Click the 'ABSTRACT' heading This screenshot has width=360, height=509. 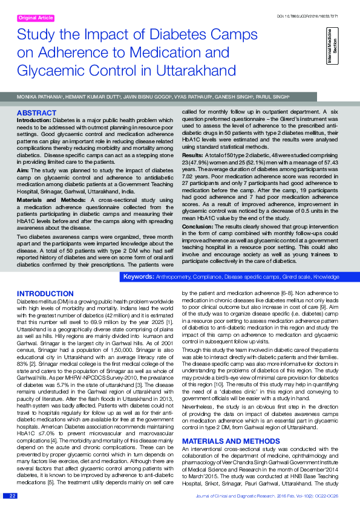36,113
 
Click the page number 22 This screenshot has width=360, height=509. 13,496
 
